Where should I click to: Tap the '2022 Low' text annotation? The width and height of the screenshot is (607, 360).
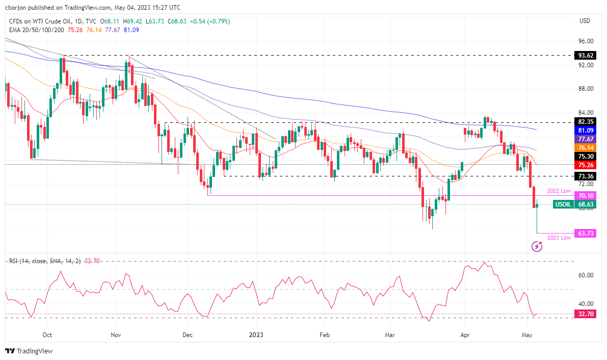[559, 191]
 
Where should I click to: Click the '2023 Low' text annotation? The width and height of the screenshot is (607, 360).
[559, 238]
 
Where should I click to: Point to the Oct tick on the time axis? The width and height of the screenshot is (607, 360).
[47, 335]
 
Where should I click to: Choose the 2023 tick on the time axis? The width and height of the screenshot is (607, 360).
[256, 335]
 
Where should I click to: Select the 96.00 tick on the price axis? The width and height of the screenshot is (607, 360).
[586, 41]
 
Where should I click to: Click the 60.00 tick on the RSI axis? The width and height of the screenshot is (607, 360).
[586, 275]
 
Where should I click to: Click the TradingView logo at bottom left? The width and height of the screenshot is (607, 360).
[29, 351]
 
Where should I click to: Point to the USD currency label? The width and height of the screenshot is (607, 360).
[585, 21]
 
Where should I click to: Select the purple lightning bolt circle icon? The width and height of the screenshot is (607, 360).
[537, 247]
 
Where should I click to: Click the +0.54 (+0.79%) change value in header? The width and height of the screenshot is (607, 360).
[209, 21]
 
